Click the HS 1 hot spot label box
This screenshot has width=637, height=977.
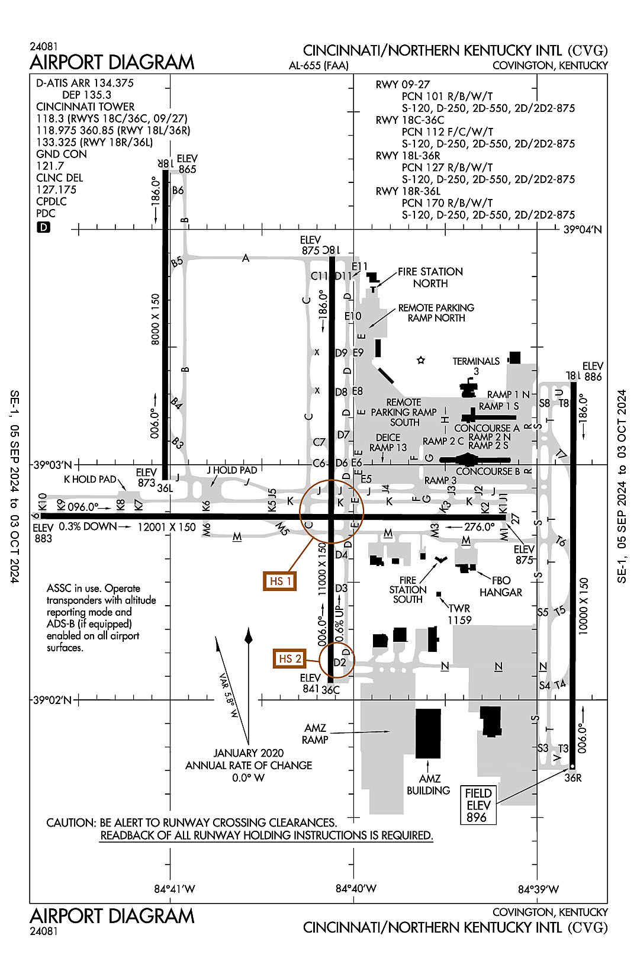coord(280,581)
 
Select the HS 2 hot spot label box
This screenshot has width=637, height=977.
coord(289,658)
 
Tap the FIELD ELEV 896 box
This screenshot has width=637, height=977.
coord(478,805)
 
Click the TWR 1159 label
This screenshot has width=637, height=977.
coord(459,614)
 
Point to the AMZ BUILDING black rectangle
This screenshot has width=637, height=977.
coord(428,733)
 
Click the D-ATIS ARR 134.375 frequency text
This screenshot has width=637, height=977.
coord(85,83)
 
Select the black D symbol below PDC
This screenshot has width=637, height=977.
coord(43,227)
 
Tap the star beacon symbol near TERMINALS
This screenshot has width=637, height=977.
coord(421,360)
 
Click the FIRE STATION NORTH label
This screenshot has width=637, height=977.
coord(430,277)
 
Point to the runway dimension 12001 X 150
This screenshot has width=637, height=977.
coord(166,527)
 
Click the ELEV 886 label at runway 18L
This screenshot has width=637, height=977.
coord(593,371)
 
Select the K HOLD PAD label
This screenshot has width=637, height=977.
coord(90,479)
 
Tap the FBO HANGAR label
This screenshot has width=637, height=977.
coord(501,586)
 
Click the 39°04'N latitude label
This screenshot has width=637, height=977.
coord(581,230)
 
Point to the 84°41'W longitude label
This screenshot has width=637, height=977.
coord(175,889)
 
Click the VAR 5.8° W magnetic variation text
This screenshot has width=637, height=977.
coord(228,696)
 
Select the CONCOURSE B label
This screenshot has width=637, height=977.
coord(488,471)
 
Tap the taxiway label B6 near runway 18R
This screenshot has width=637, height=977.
coord(178,191)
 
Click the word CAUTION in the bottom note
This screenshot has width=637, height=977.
coord(70,822)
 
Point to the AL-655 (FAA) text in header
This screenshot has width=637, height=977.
coord(318,66)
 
